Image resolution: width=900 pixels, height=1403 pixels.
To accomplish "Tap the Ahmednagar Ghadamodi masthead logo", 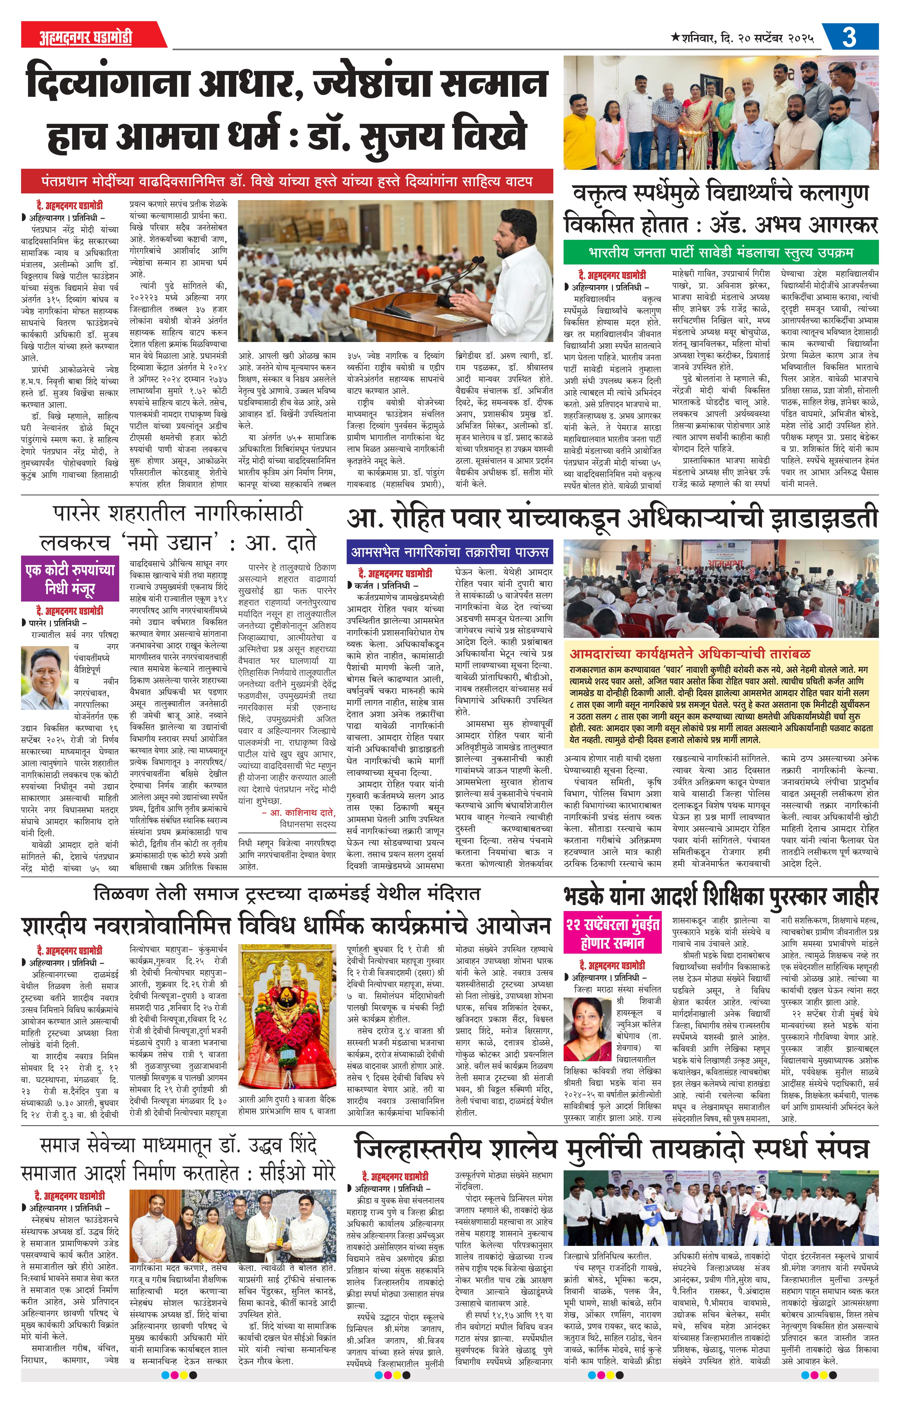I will coord(78,37).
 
